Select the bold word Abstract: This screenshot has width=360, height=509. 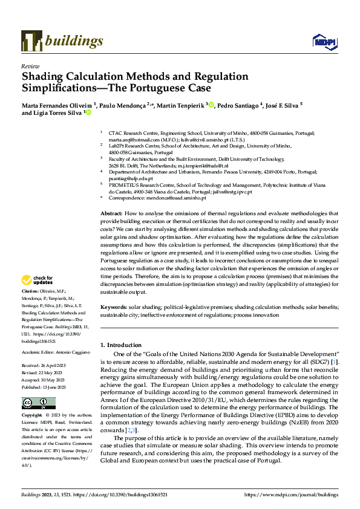111,214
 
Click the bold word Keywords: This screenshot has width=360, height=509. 113,307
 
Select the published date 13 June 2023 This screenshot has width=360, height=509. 53,368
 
